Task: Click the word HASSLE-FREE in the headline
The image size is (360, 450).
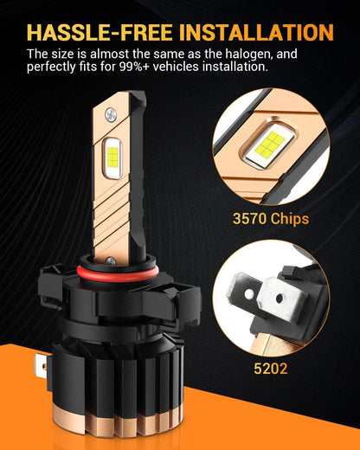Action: [x=100, y=32]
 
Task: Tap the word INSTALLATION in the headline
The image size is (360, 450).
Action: [x=256, y=32]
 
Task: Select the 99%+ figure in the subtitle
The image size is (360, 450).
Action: [x=134, y=67]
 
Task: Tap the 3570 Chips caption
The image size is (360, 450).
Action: [x=271, y=219]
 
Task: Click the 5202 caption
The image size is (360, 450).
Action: [x=271, y=369]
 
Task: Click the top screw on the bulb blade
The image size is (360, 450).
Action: [x=111, y=114]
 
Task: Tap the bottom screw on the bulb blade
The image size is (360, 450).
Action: [x=111, y=261]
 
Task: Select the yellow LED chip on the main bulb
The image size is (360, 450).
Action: [x=112, y=157]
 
